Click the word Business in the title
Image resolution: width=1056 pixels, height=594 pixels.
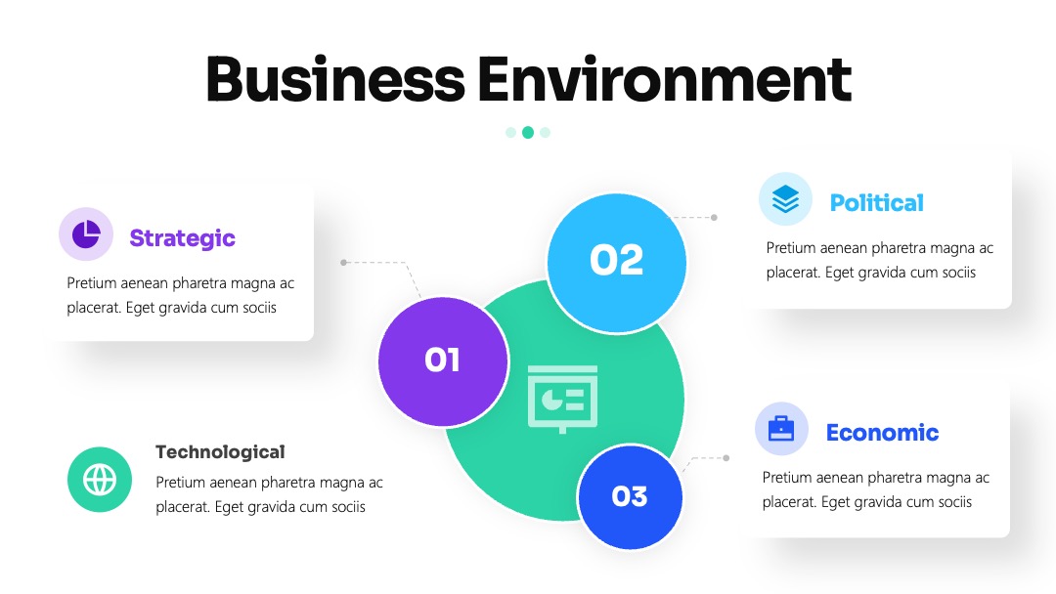335,79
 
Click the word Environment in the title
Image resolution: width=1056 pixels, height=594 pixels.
665,79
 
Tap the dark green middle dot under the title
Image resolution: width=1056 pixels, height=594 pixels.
528,133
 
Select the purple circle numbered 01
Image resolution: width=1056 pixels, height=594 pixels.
443,361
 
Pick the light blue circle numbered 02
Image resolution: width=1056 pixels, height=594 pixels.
616,263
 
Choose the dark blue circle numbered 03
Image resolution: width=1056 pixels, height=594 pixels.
630,496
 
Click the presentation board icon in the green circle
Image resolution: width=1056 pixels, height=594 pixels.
562,399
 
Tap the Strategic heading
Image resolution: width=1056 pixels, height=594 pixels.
183,238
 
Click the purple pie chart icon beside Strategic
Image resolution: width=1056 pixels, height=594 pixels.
86,234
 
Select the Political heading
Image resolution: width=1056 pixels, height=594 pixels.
877,202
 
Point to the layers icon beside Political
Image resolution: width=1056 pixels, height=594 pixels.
785,199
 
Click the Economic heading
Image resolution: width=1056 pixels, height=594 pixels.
882,433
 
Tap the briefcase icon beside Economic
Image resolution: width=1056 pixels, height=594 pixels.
781,429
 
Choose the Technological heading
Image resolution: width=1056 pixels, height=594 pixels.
220,452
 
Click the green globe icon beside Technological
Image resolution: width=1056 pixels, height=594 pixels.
100,480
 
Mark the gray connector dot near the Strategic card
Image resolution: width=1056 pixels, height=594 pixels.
343,263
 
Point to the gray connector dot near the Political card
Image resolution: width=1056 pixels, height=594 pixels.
714,217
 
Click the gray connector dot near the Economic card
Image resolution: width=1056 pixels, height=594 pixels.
726,458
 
